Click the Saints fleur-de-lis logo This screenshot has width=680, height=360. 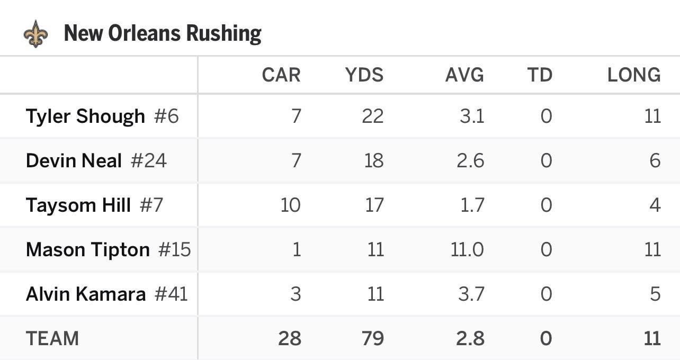coord(36,34)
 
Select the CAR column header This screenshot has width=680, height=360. coord(281,75)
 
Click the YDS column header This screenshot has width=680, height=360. coord(364,75)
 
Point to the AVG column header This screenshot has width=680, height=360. coord(464,75)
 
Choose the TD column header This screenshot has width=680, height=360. coord(540,75)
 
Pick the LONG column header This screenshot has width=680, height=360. coord(634,75)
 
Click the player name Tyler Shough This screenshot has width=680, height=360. coord(85,116)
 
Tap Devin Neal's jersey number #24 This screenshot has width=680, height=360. coord(149,160)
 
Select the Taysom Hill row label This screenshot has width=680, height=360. coord(78,205)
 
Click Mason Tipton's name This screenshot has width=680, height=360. coord(88,249)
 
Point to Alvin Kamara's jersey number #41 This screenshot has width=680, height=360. coord(171,294)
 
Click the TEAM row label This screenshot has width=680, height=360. coord(52,338)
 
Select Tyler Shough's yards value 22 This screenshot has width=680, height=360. coord(372,116)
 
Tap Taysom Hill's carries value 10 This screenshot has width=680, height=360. coord(290,205)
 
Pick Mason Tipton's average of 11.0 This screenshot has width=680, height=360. coord(467,249)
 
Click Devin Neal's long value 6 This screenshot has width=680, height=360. coord(655,160)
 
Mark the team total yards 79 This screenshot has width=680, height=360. coord(372,338)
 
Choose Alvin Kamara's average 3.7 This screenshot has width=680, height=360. coord(470,294)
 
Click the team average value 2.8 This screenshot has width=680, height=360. coord(470,338)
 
